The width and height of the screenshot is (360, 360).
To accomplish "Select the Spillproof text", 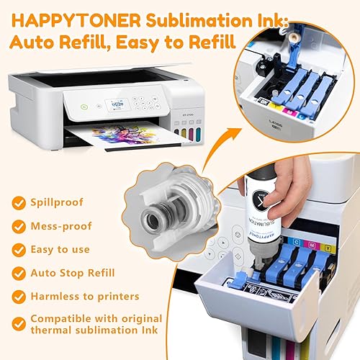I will pyautogui.click(x=57, y=204).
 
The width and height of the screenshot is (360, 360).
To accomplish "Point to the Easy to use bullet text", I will pyautogui.click(x=61, y=249).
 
